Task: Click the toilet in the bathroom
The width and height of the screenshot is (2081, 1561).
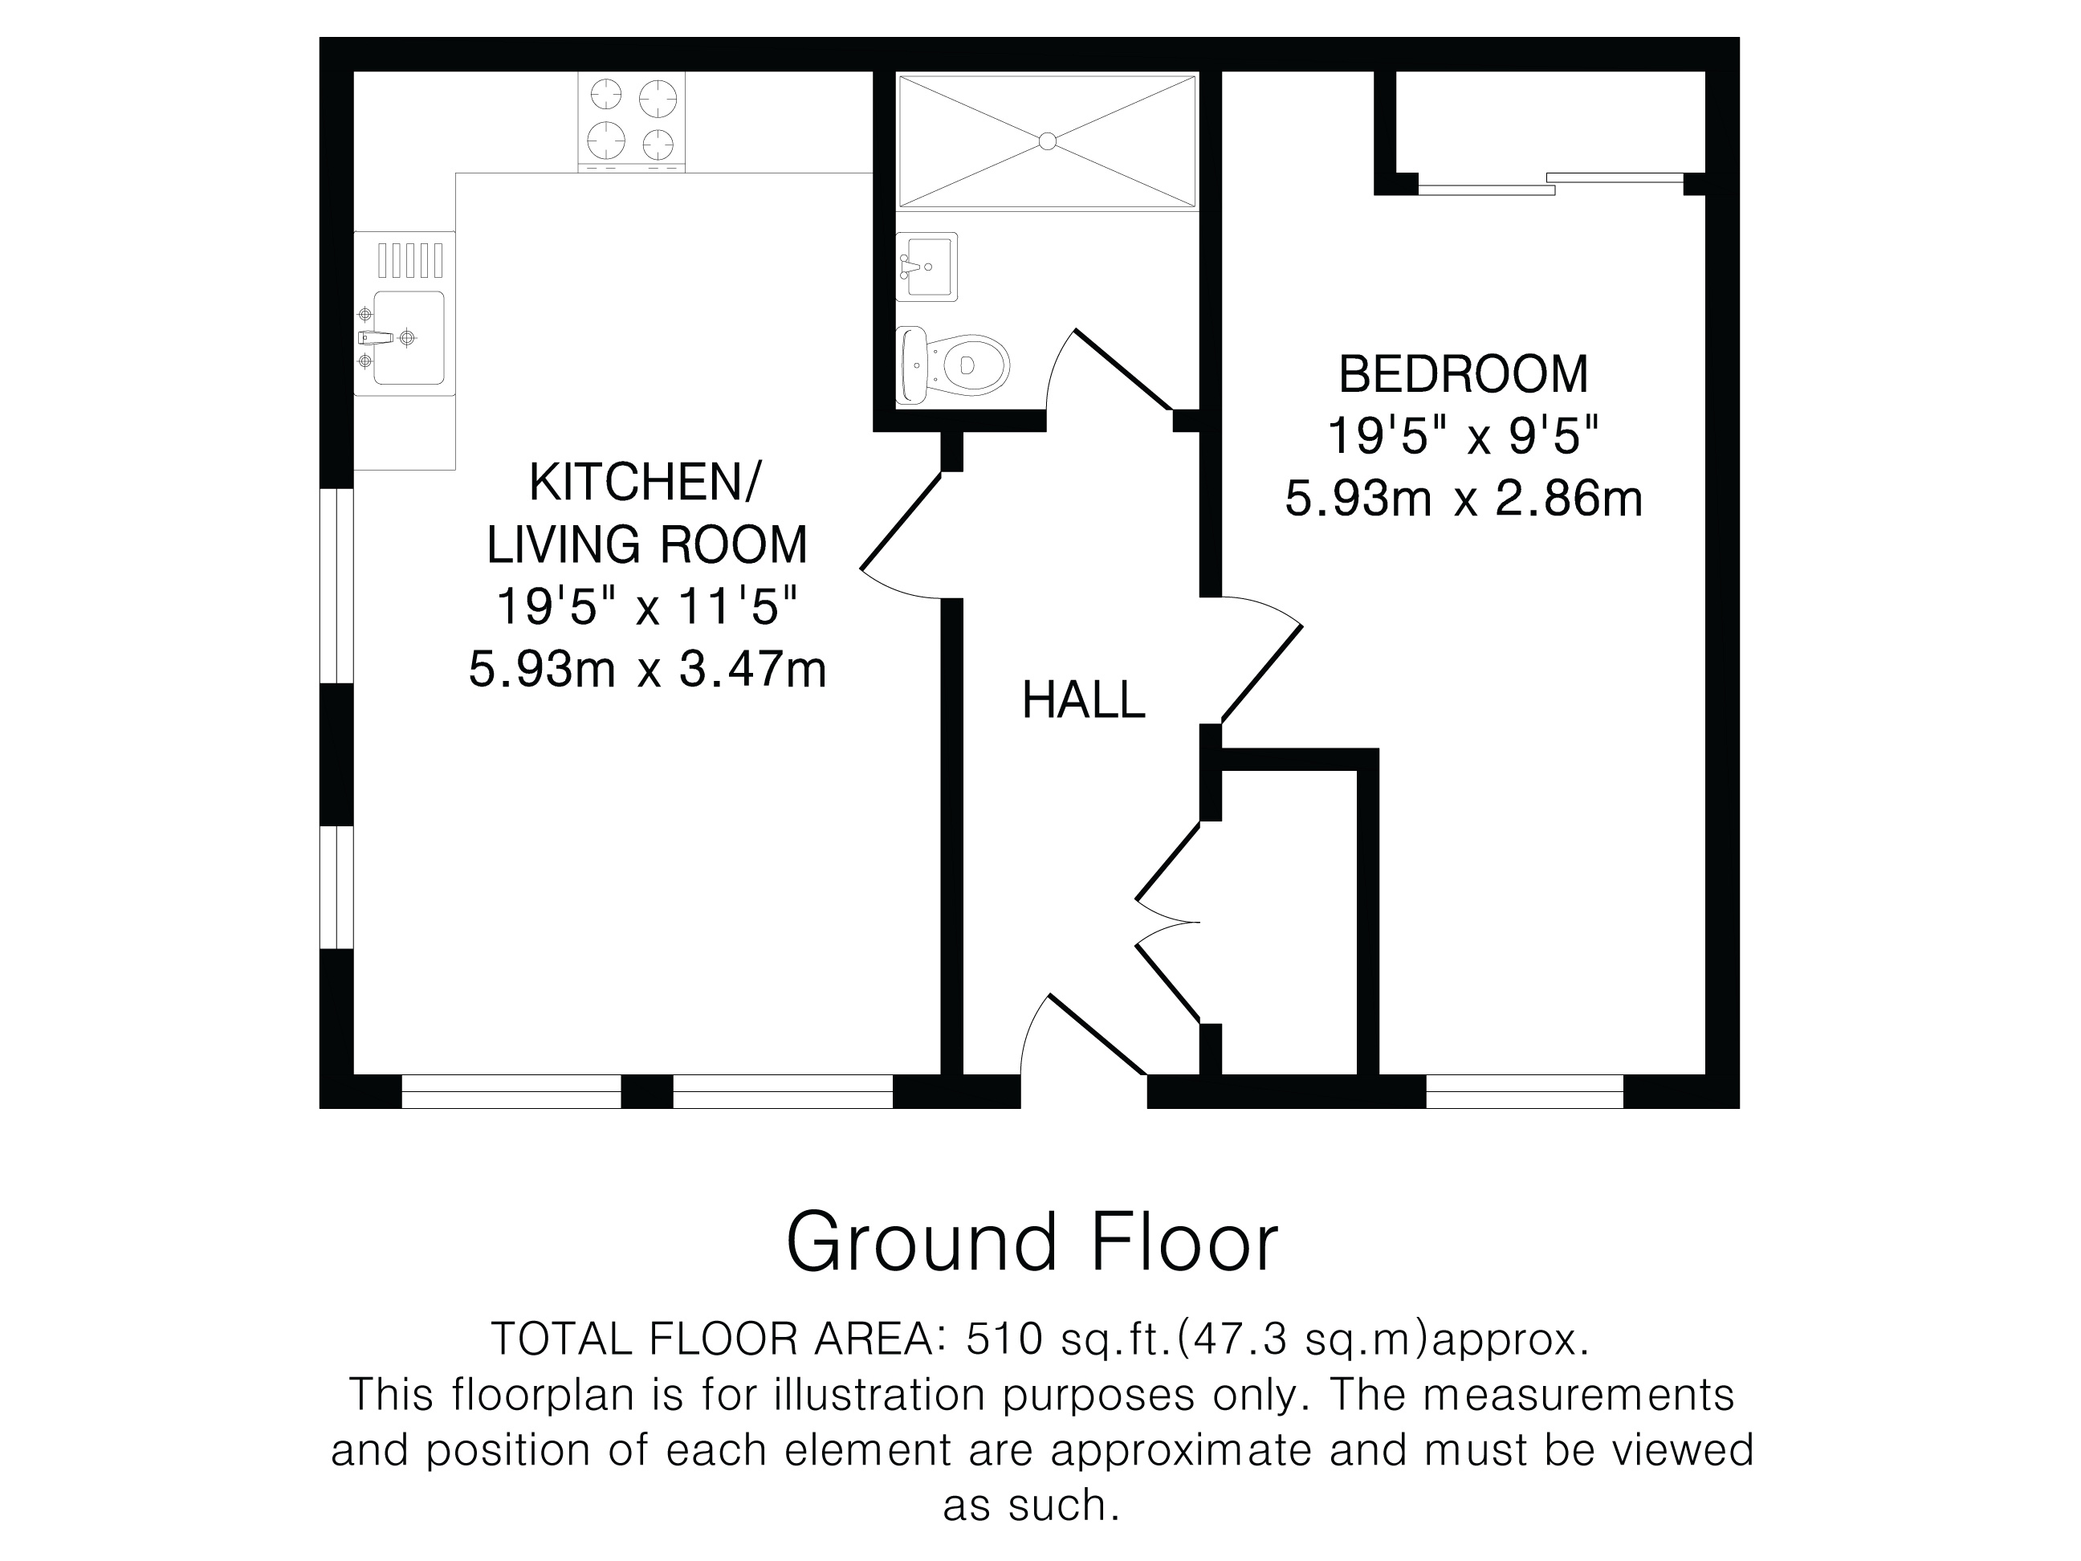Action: (952, 365)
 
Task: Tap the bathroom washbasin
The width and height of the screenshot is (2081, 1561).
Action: (926, 267)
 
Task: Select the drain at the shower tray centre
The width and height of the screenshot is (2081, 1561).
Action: (1047, 141)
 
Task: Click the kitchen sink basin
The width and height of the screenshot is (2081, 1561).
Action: (409, 338)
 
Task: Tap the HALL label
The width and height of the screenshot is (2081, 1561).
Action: (1084, 701)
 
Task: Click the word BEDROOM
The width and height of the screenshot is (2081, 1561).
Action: (1464, 374)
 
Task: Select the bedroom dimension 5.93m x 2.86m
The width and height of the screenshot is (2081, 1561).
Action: (1464, 499)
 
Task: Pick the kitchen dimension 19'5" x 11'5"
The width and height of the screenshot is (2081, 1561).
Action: (647, 607)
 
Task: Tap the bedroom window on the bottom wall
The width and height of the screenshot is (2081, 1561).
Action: (1525, 1091)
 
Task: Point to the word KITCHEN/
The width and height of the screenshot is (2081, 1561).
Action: (645, 482)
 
